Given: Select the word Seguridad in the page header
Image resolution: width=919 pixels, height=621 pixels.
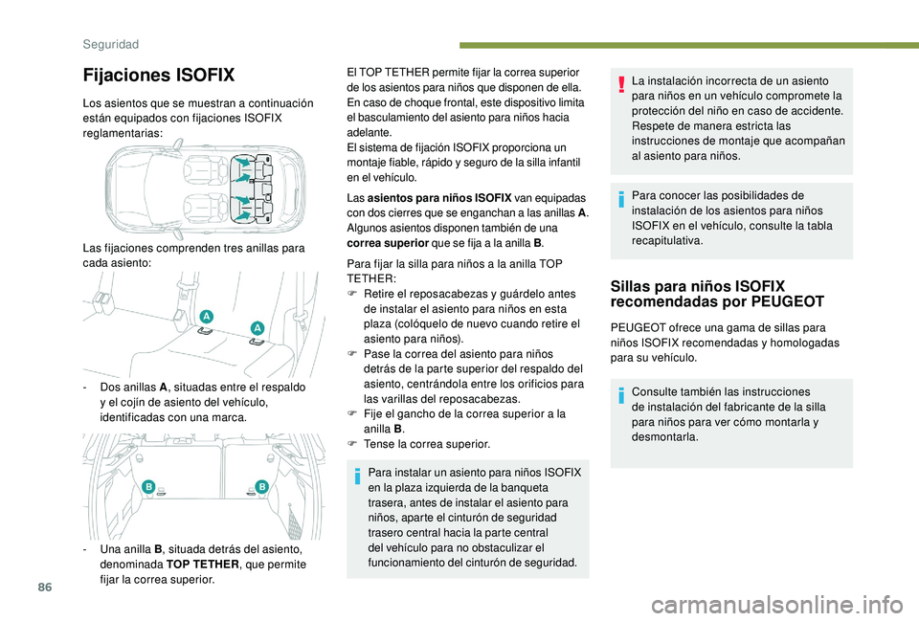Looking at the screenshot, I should pyautogui.click(x=110, y=44).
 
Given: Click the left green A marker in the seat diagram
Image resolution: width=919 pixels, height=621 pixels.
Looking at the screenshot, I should pyautogui.click(x=207, y=316).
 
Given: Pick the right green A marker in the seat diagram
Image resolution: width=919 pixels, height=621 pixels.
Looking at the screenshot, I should pyautogui.click(x=257, y=328).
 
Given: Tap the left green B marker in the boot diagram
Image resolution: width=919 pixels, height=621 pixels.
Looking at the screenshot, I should pyautogui.click(x=149, y=487).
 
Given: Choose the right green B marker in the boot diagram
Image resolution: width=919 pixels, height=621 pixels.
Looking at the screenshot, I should pyautogui.click(x=261, y=487).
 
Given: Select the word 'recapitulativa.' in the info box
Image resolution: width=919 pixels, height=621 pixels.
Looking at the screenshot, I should pyautogui.click(x=666, y=242).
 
